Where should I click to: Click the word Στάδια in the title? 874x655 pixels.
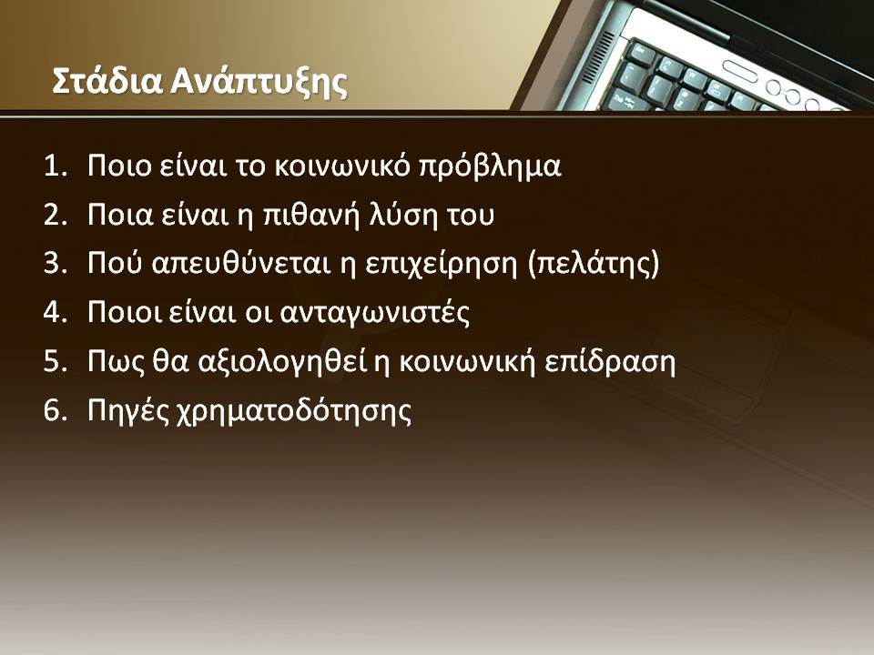tap(107, 81)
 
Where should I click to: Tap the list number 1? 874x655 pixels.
tap(56, 166)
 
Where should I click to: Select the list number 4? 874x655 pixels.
tap(56, 312)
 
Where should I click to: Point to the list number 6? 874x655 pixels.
tap(56, 410)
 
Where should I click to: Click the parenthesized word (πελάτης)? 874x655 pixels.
tap(594, 264)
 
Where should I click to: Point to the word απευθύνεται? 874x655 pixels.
tap(240, 264)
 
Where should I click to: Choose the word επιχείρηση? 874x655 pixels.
tap(442, 264)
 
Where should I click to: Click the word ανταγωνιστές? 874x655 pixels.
tap(374, 313)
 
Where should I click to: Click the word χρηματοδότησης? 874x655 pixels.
tap(294, 411)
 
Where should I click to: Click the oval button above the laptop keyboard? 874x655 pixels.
tap(740, 71)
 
